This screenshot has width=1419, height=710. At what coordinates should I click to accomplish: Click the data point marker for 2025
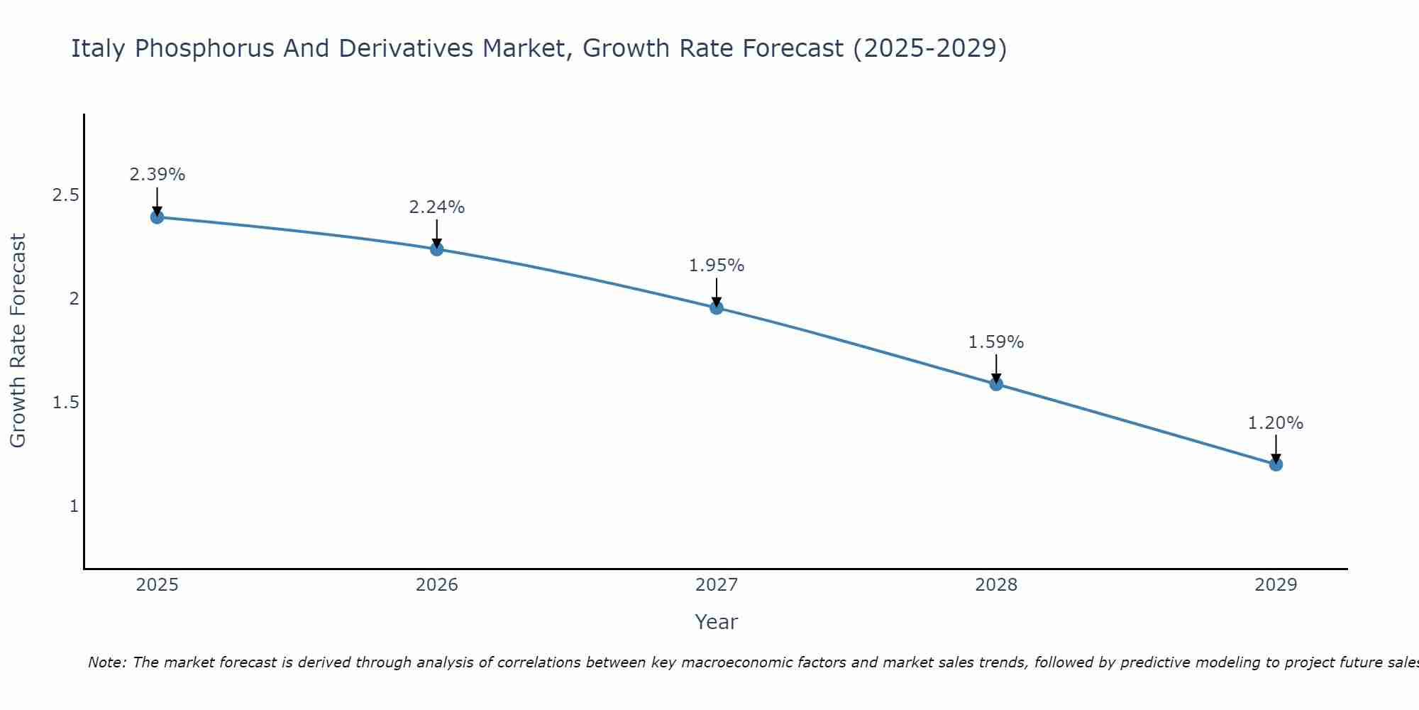tap(157, 217)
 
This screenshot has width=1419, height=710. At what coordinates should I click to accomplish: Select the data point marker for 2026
tap(436, 248)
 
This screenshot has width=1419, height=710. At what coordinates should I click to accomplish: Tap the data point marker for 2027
tap(716, 307)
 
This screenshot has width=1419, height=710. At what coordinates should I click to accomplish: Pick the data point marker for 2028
tap(995, 383)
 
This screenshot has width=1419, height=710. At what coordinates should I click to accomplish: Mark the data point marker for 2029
tap(1275, 464)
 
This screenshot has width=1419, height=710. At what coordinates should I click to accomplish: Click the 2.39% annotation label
tap(157, 175)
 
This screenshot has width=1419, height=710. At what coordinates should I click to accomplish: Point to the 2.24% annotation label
tap(436, 207)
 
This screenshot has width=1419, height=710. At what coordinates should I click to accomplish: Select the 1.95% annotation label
tap(716, 266)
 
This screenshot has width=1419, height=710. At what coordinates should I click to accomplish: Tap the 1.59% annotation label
tap(995, 342)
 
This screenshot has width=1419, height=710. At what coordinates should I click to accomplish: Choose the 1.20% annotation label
tap(1275, 423)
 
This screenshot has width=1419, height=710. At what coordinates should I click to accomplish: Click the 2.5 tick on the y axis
tap(65, 195)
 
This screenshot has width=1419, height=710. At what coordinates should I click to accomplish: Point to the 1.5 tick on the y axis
tap(65, 403)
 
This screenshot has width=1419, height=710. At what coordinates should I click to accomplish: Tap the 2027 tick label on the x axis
tap(716, 585)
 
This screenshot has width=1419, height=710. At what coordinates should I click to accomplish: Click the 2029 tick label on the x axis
tap(1275, 585)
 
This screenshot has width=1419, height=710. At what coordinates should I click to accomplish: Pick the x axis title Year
tap(716, 622)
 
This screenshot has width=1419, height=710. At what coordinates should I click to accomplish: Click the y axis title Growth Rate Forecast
tap(18, 341)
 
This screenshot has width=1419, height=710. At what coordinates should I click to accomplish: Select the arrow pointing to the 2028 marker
tap(995, 367)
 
